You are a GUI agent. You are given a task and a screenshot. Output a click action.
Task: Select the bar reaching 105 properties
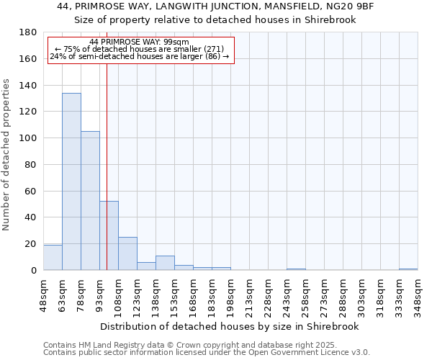click(x=90, y=201)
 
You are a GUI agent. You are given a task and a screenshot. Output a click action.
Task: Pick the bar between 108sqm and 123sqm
click(x=127, y=253)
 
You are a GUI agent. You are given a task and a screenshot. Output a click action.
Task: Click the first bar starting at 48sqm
click(x=53, y=258)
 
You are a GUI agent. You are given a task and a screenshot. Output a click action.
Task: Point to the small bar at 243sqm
click(x=296, y=269)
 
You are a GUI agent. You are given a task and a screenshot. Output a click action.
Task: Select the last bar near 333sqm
click(x=408, y=269)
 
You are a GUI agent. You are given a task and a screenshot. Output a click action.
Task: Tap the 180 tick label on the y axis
click(x=28, y=32)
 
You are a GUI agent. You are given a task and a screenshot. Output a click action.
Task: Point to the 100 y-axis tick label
click(x=28, y=138)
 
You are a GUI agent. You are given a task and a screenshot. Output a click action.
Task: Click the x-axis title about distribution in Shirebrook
click(x=230, y=326)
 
